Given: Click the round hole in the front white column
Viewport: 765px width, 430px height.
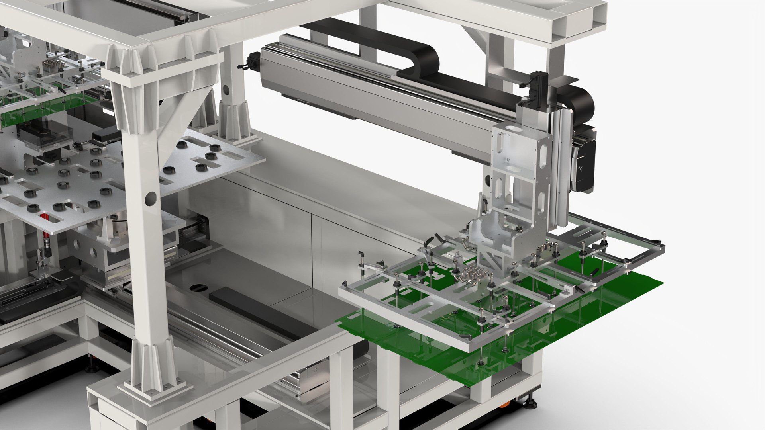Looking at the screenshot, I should [x=151, y=198].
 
